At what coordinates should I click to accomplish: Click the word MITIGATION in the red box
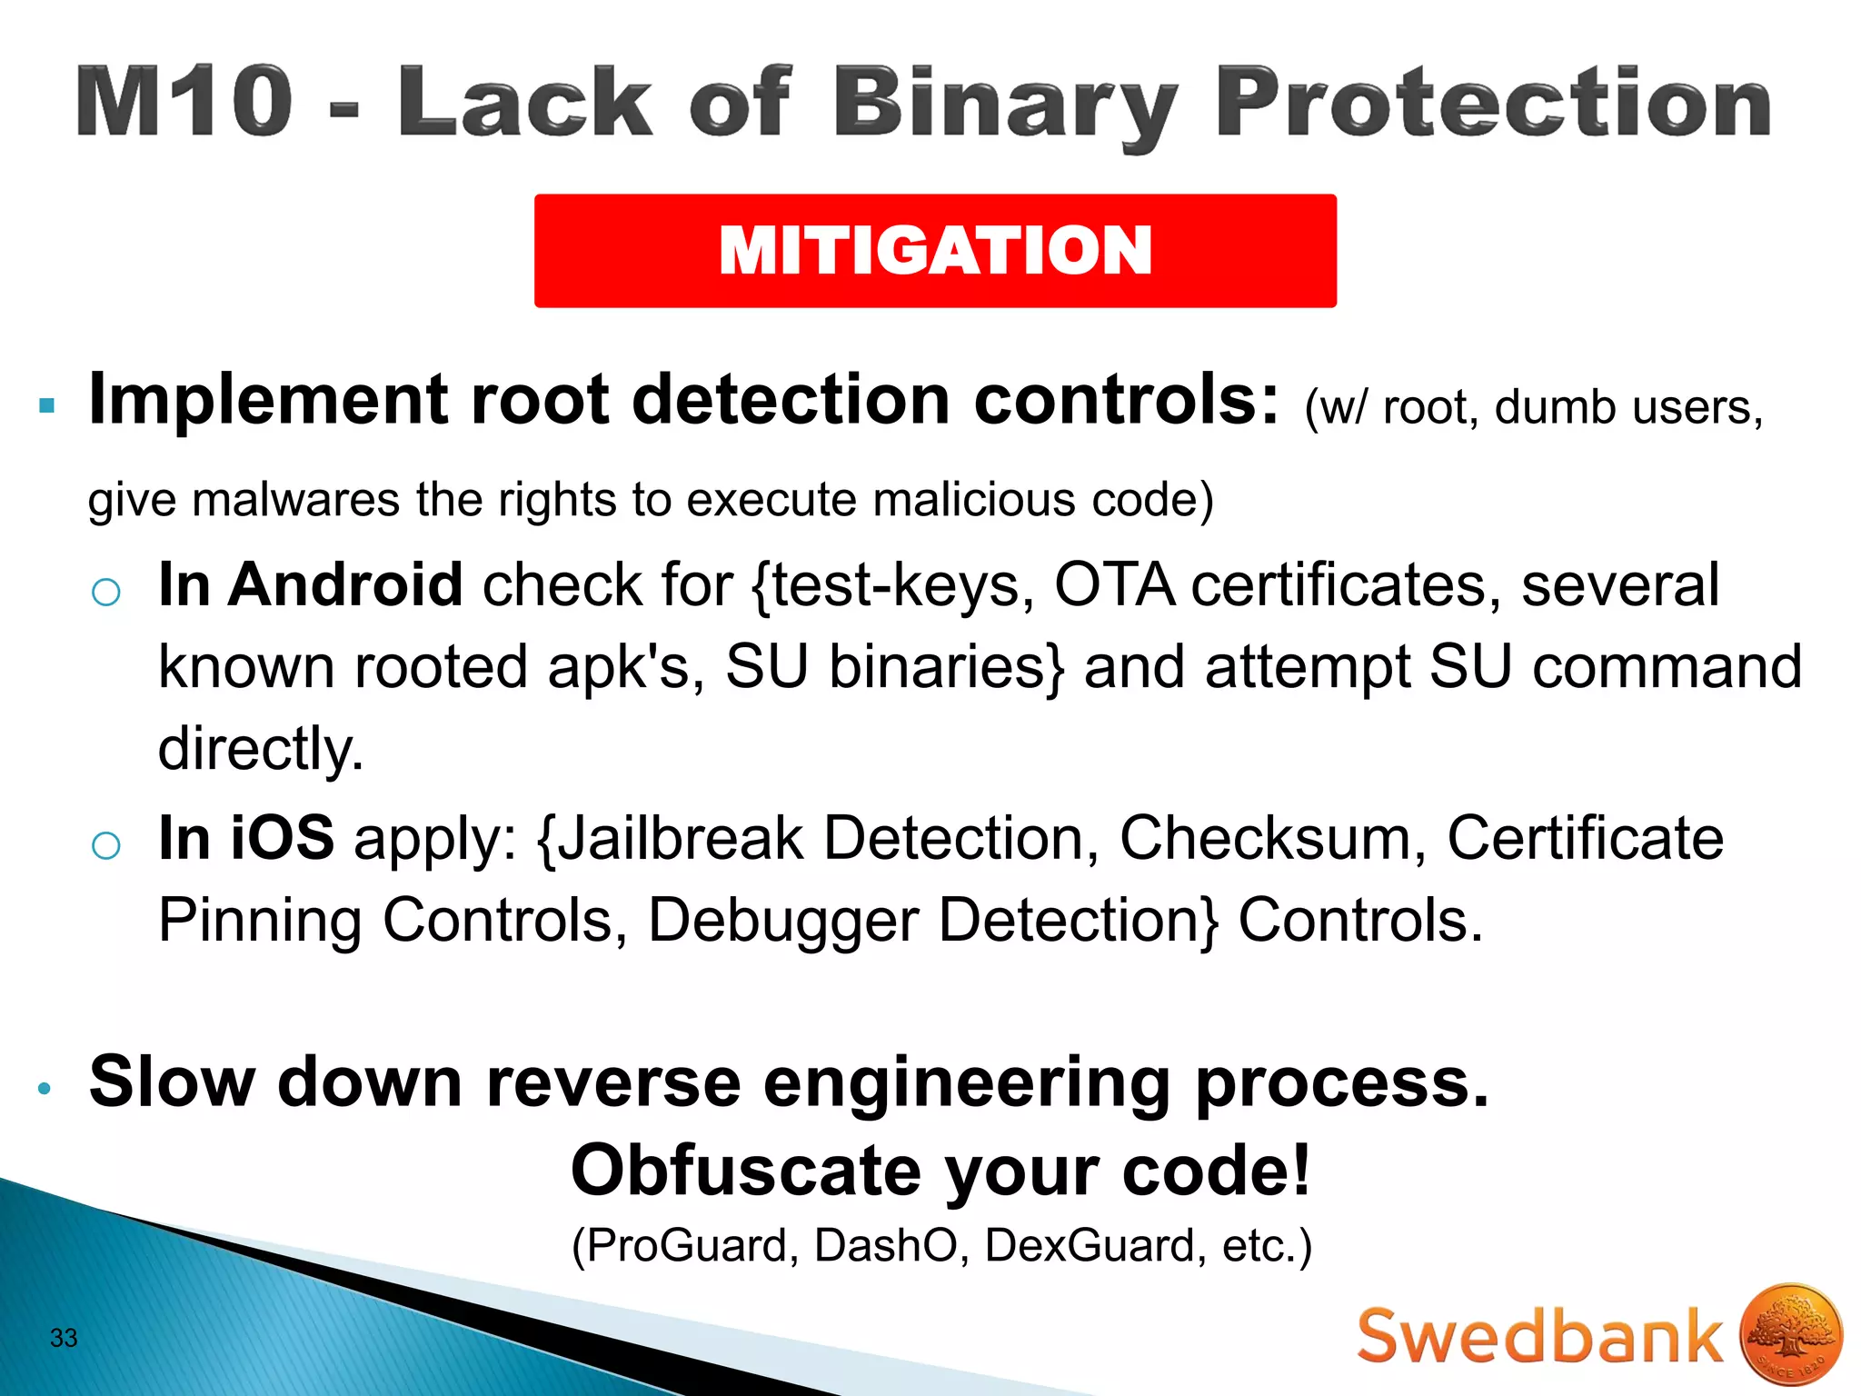[935, 251]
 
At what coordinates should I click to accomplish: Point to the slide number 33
[64, 1338]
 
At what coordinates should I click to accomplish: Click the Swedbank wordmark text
[1539, 1336]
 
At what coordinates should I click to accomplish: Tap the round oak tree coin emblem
[1791, 1333]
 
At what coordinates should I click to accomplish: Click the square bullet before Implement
[47, 405]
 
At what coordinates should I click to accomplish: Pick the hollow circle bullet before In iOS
[106, 845]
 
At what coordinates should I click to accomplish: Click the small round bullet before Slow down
[44, 1088]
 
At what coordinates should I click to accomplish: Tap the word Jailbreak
[680, 838]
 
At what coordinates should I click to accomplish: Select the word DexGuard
[1090, 1245]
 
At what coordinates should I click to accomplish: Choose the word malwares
[295, 501]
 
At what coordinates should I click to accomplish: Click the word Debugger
[783, 922]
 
